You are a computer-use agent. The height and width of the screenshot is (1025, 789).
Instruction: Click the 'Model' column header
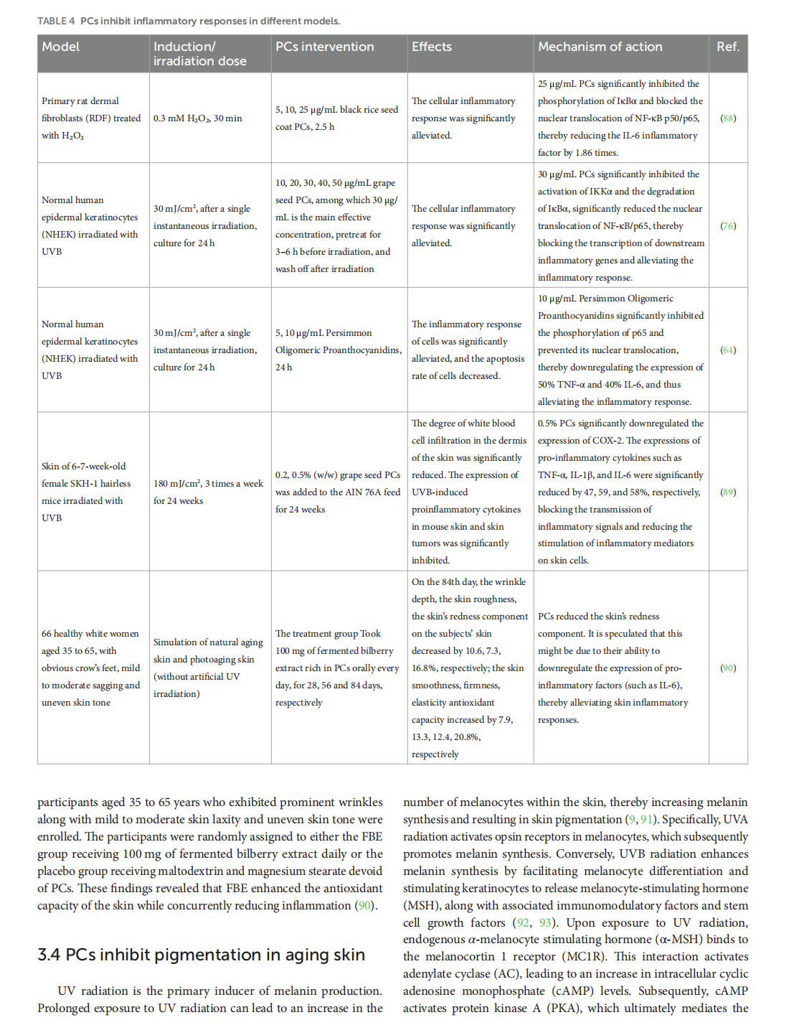point(61,47)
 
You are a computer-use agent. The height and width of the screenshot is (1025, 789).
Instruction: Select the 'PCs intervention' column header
point(325,47)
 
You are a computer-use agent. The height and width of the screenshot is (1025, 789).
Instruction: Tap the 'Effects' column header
point(432,47)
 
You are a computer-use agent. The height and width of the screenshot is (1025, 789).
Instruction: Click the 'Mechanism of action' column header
point(600,47)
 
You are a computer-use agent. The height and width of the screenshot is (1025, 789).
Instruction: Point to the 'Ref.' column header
point(727,47)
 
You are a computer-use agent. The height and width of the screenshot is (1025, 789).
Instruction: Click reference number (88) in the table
point(728,118)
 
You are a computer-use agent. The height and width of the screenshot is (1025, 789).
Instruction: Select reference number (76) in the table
point(728,226)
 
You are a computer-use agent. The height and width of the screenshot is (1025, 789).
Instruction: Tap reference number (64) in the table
point(728,350)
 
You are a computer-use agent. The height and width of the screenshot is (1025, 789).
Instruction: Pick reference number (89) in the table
point(728,492)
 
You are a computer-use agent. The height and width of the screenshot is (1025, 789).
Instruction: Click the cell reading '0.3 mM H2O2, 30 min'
point(198,118)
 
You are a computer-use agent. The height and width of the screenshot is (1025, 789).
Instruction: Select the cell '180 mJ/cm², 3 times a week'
point(208,492)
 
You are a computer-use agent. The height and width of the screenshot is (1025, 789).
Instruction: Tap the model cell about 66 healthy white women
point(90,668)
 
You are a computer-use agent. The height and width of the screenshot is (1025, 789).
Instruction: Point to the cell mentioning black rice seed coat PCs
point(336,118)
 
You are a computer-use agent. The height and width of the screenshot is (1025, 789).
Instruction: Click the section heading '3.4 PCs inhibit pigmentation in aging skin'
point(202,955)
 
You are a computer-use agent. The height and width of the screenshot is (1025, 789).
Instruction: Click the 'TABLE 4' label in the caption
point(56,21)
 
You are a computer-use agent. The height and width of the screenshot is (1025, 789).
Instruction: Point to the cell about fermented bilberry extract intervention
point(337,668)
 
